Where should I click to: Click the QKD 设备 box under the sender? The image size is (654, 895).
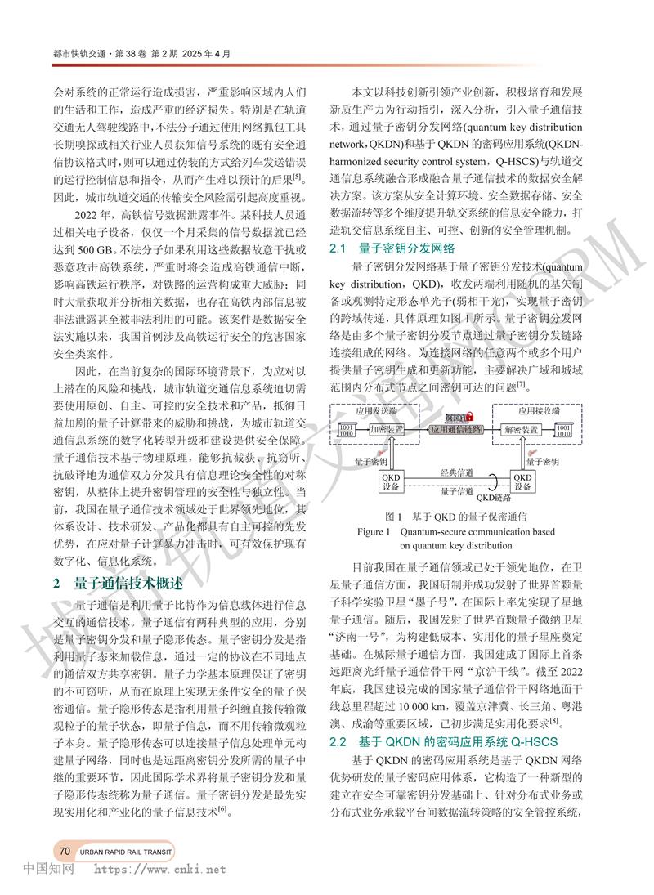(x=390, y=481)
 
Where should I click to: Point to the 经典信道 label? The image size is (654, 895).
(x=456, y=473)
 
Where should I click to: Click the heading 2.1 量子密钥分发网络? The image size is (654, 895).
(x=392, y=248)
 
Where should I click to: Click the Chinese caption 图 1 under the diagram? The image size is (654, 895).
(x=396, y=517)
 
